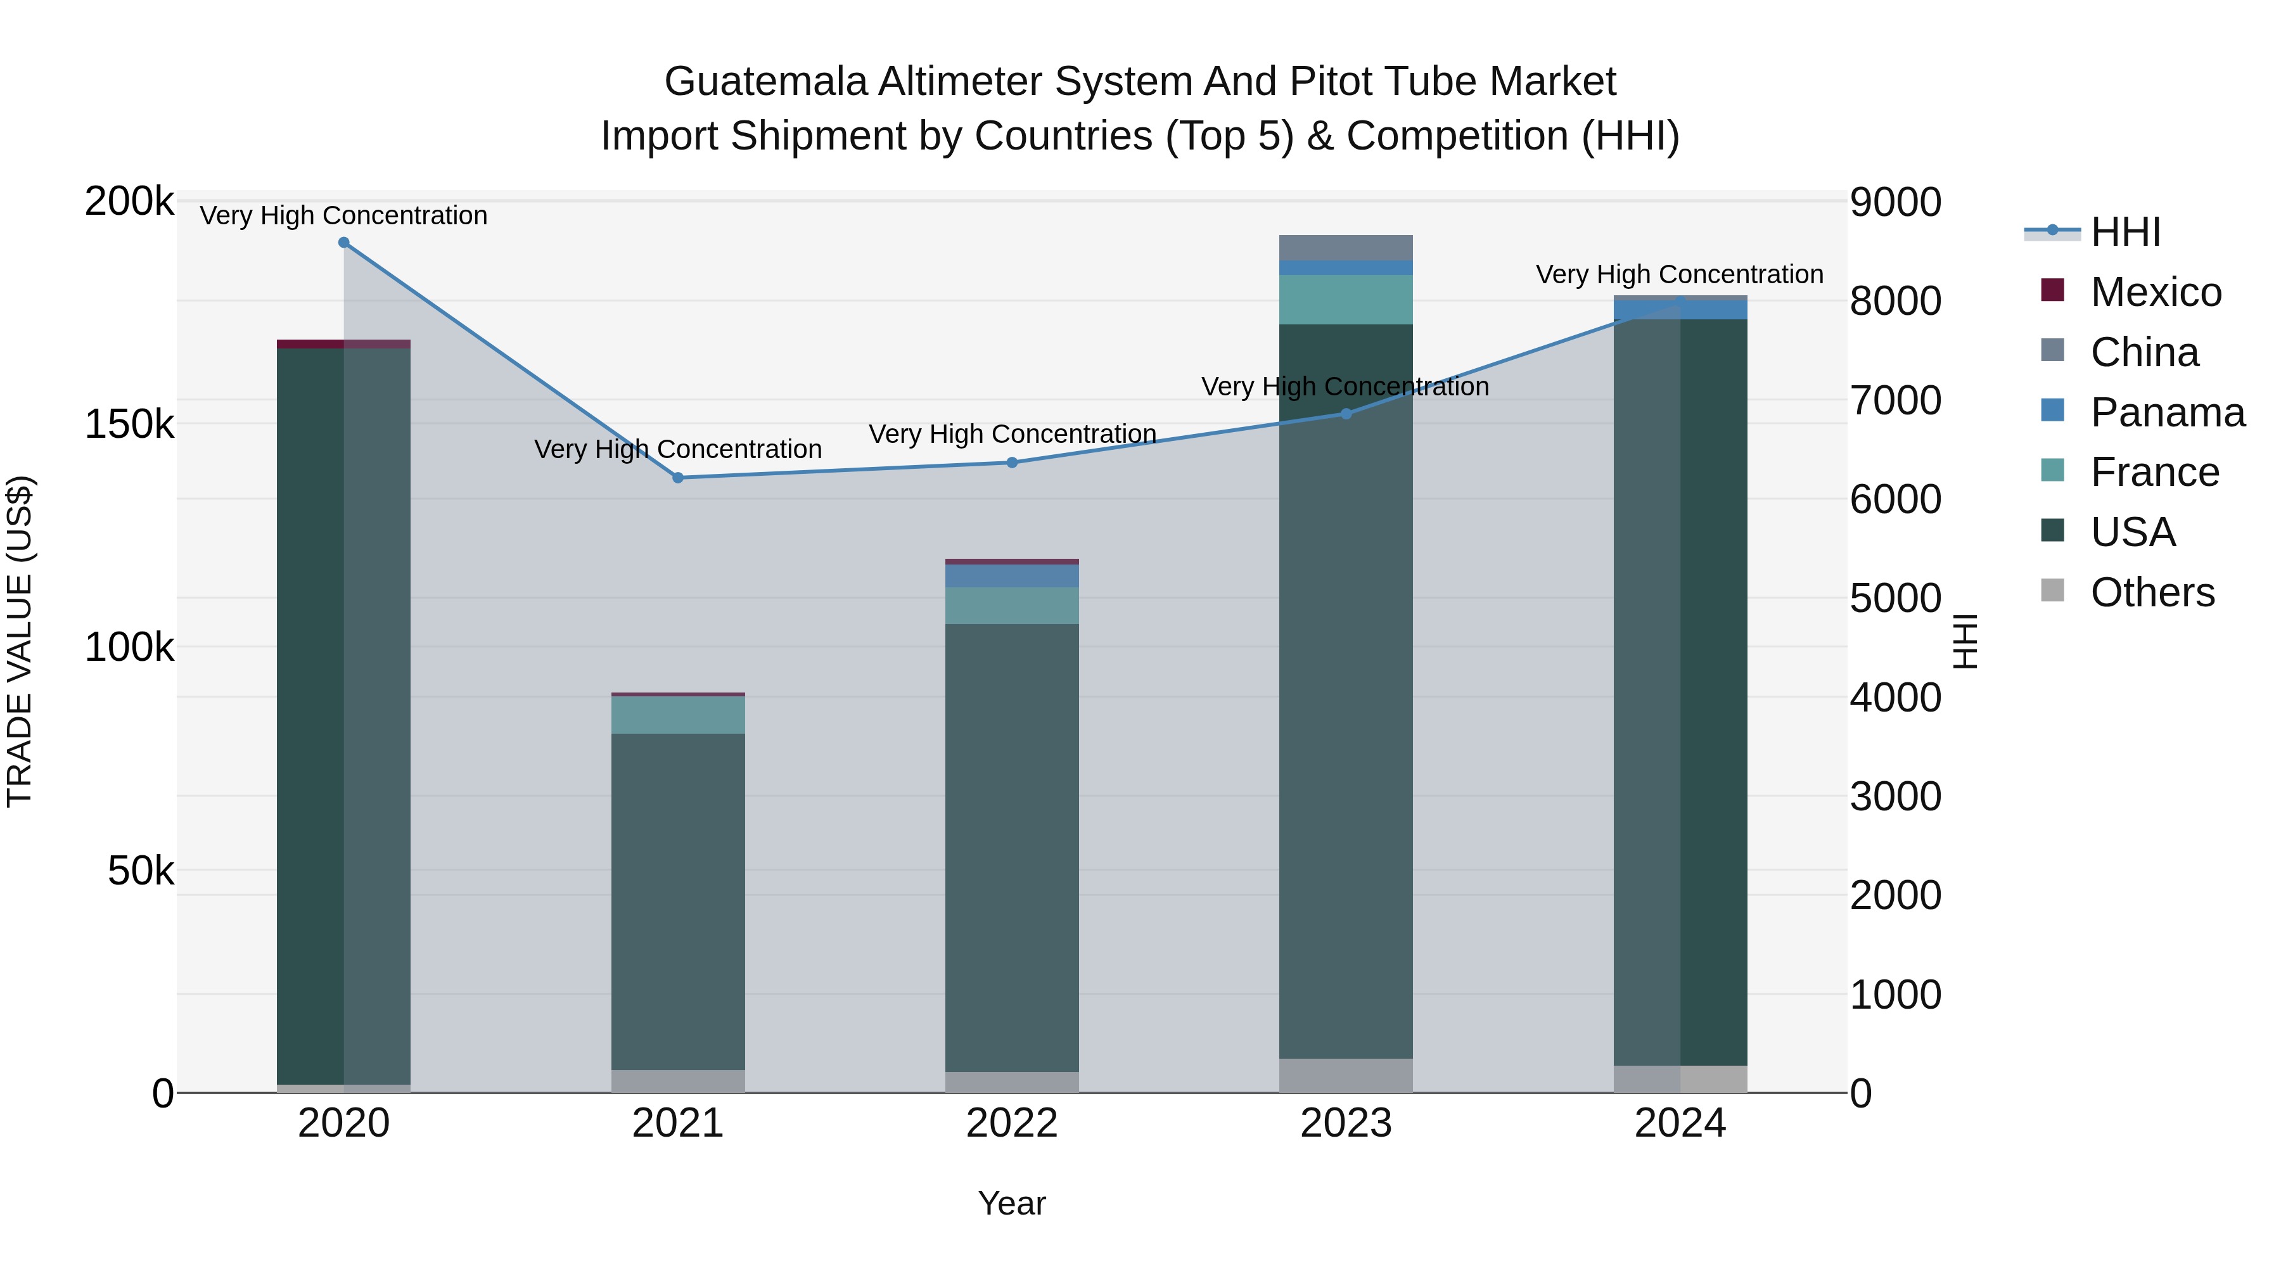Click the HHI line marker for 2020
[x=343, y=243]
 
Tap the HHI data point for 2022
[x=1012, y=463]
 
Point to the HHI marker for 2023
[x=1346, y=414]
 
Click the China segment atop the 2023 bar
[x=1346, y=248]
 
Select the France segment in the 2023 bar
[x=1346, y=299]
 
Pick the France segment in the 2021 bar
[x=678, y=715]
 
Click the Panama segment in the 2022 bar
[x=1012, y=575]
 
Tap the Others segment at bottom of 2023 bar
[x=1346, y=1075]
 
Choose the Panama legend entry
[x=2167, y=412]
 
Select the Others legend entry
[x=2152, y=592]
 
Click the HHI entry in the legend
[x=2125, y=232]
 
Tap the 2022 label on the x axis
[x=1012, y=1123]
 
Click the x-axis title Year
[x=1012, y=1203]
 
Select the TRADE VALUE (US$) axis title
[x=20, y=641]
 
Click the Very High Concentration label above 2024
[x=1679, y=274]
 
